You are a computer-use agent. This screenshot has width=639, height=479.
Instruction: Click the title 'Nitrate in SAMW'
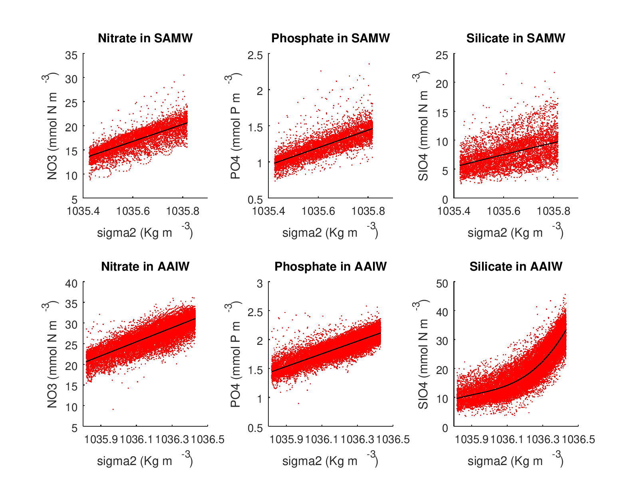click(x=145, y=38)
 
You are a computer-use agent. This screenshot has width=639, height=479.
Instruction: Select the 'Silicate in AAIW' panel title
click(x=516, y=267)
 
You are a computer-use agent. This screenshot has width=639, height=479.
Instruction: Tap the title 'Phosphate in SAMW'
click(x=330, y=38)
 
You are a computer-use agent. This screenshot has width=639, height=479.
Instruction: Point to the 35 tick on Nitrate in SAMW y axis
click(x=71, y=55)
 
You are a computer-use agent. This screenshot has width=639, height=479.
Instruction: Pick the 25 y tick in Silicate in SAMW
click(x=442, y=55)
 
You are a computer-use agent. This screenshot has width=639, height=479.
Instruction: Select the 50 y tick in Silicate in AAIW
click(x=442, y=283)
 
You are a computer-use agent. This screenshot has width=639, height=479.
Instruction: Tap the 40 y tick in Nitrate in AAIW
click(x=71, y=283)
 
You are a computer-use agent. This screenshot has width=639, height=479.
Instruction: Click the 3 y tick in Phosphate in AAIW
click(x=260, y=283)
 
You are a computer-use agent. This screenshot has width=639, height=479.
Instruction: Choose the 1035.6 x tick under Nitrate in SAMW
click(x=133, y=211)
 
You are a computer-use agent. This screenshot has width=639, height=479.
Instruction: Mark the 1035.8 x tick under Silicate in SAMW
click(x=553, y=211)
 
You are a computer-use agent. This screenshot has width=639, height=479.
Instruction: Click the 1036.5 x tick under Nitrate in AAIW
click(x=208, y=439)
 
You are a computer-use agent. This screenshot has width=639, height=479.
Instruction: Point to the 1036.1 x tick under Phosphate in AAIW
click(x=322, y=439)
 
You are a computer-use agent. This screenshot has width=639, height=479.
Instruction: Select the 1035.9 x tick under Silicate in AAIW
click(x=472, y=439)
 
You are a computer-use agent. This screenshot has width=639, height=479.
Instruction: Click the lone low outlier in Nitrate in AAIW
click(x=113, y=409)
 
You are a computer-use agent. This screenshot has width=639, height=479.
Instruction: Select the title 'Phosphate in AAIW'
click(x=330, y=267)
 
